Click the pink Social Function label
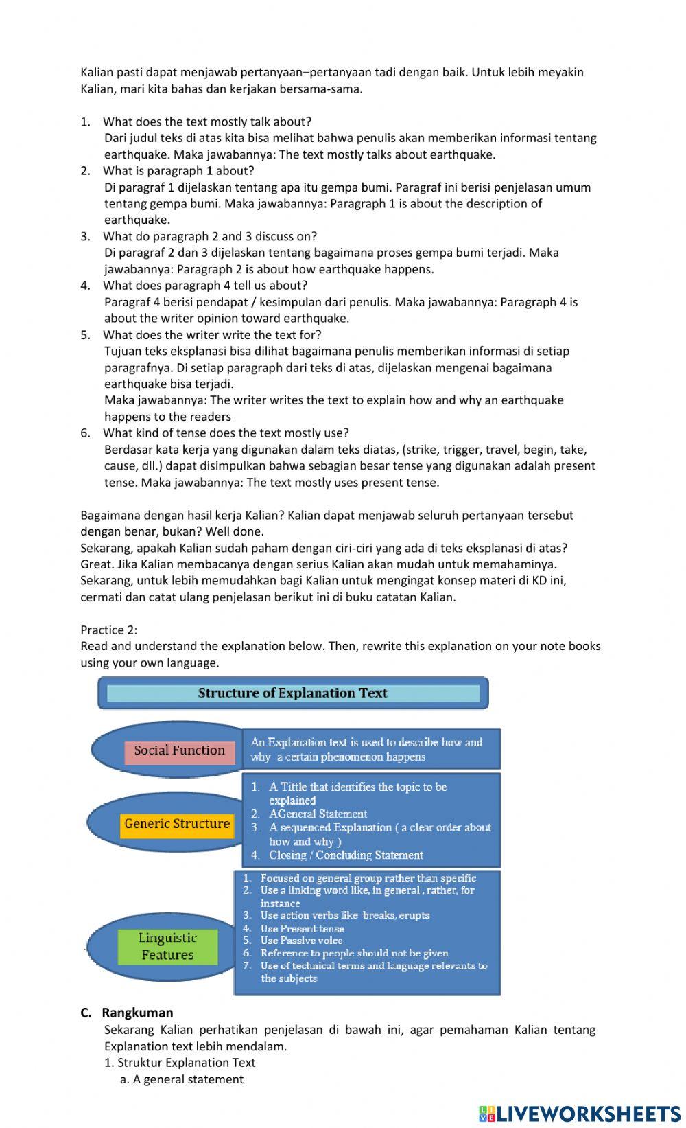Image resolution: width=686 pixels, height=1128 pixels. coord(179,751)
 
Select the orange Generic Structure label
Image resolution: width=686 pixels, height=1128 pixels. coord(177,824)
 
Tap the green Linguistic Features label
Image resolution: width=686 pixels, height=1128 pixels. coord(167,947)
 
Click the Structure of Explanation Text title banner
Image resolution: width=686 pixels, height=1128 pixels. coord(293,693)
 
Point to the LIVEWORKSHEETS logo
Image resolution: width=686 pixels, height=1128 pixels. coord(580,1113)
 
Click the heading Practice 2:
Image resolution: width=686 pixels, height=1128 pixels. coord(108,630)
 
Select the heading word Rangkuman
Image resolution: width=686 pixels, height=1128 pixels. coord(137,1013)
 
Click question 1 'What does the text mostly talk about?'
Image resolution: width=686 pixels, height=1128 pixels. coord(206,122)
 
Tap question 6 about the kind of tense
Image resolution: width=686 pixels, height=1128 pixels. coord(226,433)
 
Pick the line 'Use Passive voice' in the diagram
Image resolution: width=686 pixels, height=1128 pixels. coord(301,941)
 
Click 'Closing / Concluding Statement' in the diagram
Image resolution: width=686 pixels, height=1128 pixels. coord(346,855)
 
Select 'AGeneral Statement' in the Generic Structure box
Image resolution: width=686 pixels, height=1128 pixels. coord(318,814)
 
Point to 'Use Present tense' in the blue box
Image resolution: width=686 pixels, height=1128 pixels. coord(302,928)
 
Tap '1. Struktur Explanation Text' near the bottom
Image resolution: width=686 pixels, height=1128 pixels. coord(180,1062)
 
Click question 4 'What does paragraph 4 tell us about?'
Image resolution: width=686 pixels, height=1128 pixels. coord(205,285)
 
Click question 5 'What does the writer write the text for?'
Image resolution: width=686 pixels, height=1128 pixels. coord(212,334)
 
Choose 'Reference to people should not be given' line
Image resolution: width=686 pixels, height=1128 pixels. coord(354,953)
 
